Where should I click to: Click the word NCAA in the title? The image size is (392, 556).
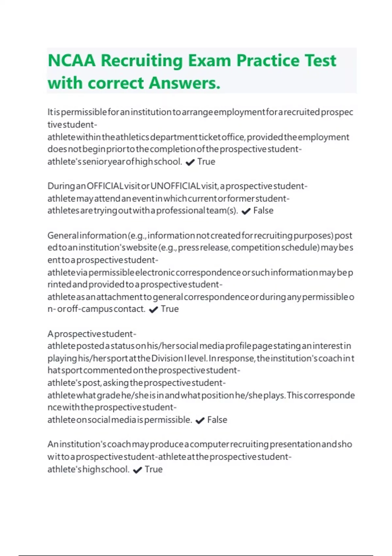point(72,61)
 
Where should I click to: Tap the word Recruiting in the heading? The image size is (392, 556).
point(141,61)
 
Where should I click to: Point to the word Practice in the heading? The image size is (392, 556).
point(268,61)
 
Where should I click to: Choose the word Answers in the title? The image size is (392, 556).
point(185,83)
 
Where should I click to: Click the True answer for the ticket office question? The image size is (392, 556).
point(206,162)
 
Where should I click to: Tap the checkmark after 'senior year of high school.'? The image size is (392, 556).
point(190,162)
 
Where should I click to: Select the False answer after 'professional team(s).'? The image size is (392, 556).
point(263,211)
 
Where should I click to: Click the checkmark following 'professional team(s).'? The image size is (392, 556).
point(246,211)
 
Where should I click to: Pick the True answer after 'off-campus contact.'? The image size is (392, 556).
point(170,309)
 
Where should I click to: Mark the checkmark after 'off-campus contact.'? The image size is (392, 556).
point(153,310)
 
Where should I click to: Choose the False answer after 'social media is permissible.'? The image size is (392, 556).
point(217,420)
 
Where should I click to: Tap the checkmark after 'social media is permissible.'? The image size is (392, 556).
point(200,421)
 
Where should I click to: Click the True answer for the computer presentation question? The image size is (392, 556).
point(154,469)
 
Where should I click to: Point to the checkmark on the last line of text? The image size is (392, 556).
point(138,470)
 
